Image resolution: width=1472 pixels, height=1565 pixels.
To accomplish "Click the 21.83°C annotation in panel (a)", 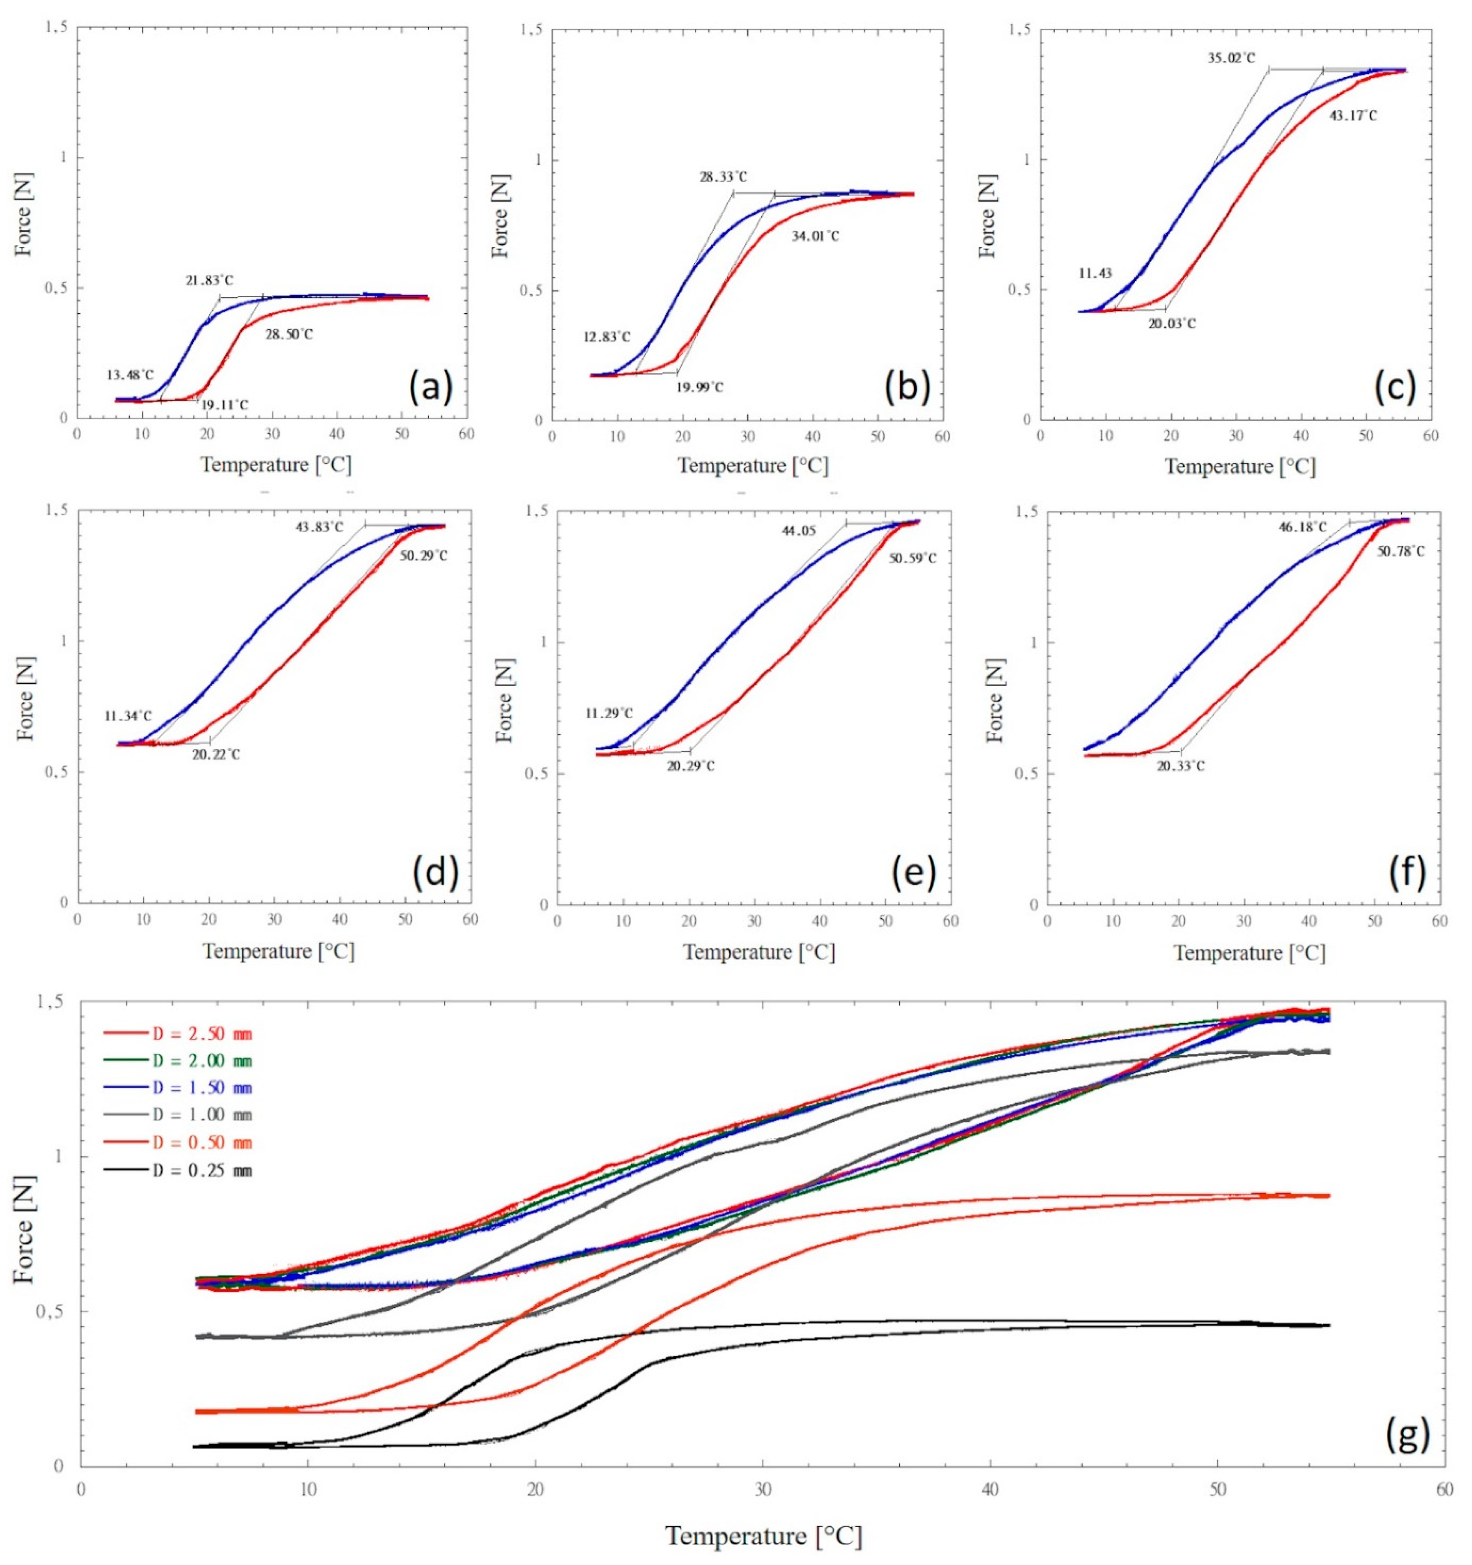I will tap(209, 280).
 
